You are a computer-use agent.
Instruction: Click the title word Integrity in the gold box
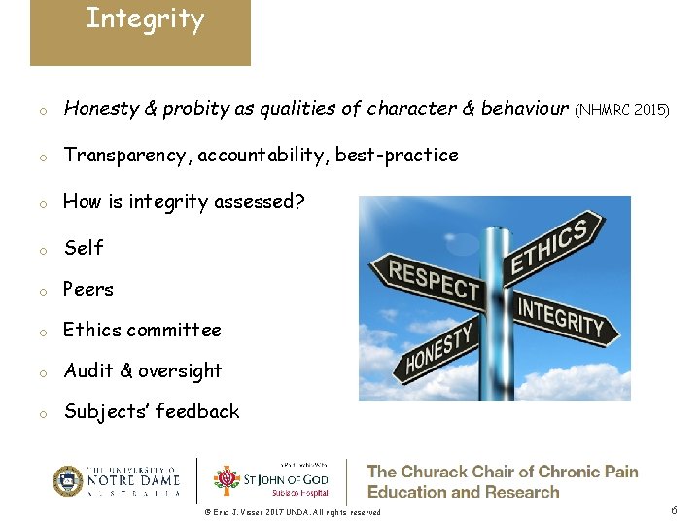(x=145, y=19)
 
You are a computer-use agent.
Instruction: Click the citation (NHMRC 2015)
(x=622, y=111)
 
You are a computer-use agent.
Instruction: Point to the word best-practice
(x=397, y=156)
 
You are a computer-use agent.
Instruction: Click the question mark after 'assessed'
(x=299, y=202)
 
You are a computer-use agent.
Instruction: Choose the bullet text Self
(x=84, y=248)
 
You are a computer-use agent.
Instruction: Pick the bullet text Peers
(x=88, y=290)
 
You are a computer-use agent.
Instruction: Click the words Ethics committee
(x=142, y=331)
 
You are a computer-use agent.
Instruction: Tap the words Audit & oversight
(x=143, y=371)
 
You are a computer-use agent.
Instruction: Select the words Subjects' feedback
(x=152, y=412)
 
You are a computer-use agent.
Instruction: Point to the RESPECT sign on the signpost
(x=434, y=279)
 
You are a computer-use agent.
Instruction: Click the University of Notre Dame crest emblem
(x=68, y=481)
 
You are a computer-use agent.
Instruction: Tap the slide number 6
(x=674, y=510)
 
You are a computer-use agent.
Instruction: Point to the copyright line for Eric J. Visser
(x=293, y=512)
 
